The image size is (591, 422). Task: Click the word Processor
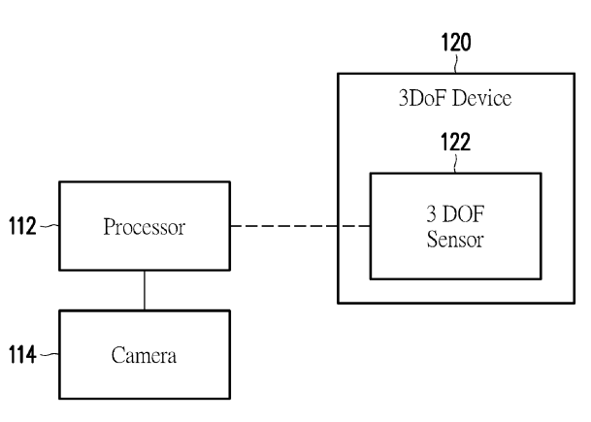145,228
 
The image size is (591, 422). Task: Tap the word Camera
145,356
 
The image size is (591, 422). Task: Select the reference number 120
456,44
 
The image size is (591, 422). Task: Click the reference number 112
21,228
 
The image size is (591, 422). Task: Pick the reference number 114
21,356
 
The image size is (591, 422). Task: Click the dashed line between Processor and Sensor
300,227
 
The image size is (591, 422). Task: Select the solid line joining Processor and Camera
145,290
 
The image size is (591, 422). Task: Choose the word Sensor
455,239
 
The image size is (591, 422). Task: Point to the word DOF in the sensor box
465,216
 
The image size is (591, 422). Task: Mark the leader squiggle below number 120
456,63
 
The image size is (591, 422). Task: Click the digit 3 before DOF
433,216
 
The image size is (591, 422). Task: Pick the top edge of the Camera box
145,310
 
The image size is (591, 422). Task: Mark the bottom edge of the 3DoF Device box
455,303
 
